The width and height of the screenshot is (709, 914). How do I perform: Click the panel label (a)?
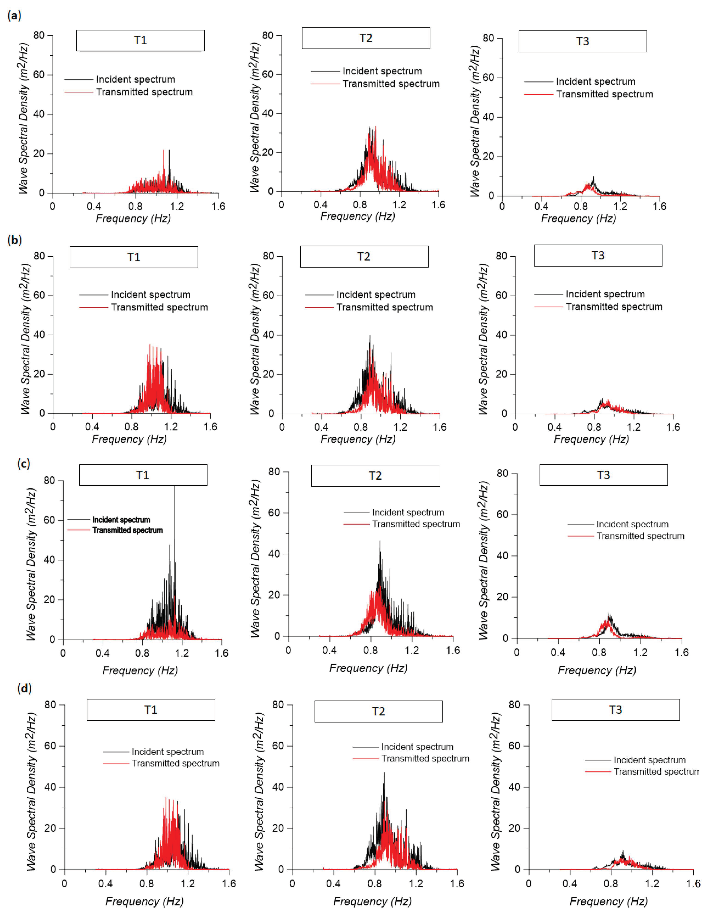14,16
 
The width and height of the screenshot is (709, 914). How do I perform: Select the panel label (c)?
24,464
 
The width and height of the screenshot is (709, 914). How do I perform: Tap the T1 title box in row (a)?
140,41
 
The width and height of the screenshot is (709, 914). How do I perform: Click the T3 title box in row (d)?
615,710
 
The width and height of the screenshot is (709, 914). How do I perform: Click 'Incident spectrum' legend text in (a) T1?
136,80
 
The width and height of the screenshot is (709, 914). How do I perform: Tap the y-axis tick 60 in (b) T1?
39,295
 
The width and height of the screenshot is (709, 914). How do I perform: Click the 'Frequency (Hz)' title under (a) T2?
358,216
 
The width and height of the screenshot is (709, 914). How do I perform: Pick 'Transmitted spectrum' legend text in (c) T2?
416,524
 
